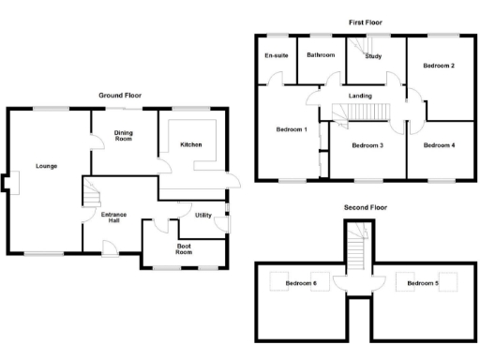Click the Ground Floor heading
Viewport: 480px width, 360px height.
[x=122, y=96]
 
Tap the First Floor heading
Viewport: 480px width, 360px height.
[x=367, y=22]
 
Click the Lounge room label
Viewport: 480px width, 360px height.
[x=47, y=166]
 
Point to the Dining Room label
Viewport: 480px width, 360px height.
[x=123, y=137]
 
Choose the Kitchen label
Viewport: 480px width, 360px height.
[x=190, y=145]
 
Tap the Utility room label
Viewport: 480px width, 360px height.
[x=202, y=215]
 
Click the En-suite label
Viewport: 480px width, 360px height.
[x=275, y=55]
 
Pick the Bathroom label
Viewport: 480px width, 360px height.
[x=321, y=55]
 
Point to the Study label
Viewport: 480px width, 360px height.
[x=373, y=56]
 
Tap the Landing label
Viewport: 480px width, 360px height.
[x=360, y=96]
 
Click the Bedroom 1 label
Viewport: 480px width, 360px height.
[x=292, y=128]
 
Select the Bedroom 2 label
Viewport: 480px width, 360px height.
[x=439, y=66]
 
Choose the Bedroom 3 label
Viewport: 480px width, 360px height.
[x=367, y=145]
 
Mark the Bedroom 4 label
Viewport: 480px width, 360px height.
[x=439, y=145]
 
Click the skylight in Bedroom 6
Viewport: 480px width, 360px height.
[x=279, y=281]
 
